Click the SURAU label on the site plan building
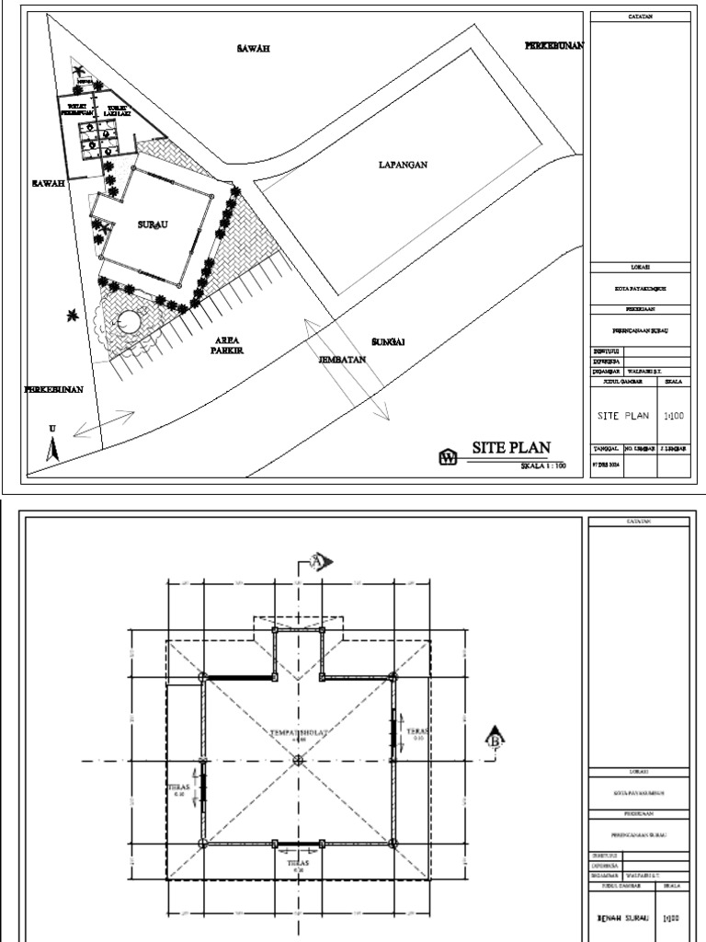[x=152, y=224]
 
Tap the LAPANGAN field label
[x=404, y=166]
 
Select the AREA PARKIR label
[x=223, y=344]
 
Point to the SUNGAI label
[x=388, y=341]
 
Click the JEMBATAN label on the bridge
[x=343, y=360]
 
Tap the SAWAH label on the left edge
[x=48, y=184]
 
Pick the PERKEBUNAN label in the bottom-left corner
[x=54, y=390]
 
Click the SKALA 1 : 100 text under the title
[x=548, y=467]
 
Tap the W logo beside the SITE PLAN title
[x=448, y=457]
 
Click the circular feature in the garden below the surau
[x=127, y=323]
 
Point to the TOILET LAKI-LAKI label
[x=117, y=111]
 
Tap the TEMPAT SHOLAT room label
[x=297, y=732]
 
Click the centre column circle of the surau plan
[x=297, y=761]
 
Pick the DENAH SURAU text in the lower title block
[x=622, y=917]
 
